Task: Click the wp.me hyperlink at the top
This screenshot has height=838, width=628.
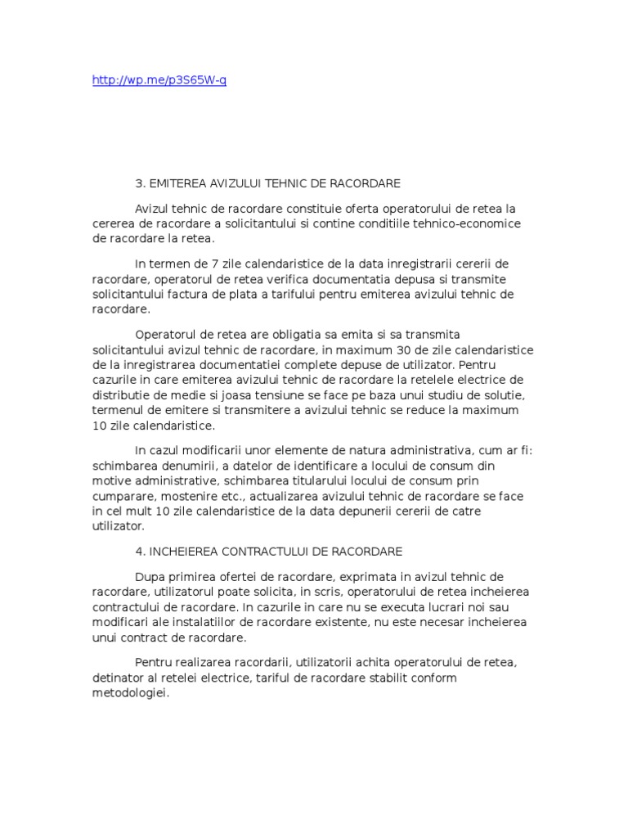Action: pos(159,81)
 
